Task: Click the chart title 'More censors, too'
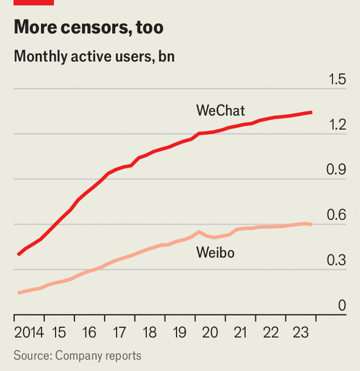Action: coord(88,27)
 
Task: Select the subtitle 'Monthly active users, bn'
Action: coord(94,57)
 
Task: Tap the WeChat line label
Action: coord(220,110)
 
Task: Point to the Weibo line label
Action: coord(215,253)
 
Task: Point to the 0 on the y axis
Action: coord(342,306)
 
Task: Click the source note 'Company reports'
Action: coord(98,356)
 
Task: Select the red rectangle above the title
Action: coord(34,2)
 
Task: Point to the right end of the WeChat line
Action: coord(311,112)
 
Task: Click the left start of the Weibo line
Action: coord(19,293)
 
